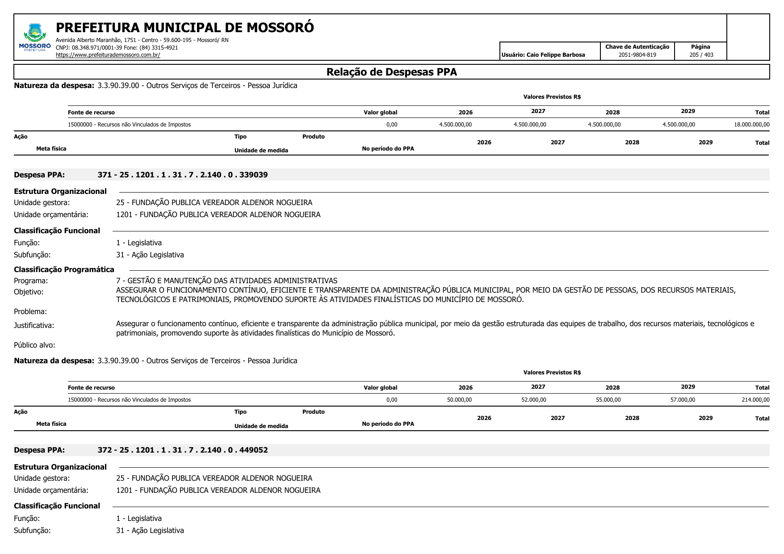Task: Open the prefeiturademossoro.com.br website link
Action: tap(108, 55)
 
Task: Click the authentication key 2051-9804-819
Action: tap(637, 55)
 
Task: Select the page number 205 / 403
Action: tap(701, 55)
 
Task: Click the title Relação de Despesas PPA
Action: tap(391, 72)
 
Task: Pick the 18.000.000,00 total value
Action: tap(751, 125)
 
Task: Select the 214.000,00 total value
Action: tap(755, 400)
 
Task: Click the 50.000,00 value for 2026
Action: tap(459, 400)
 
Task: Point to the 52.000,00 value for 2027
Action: tap(533, 400)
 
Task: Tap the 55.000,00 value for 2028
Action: tap(608, 400)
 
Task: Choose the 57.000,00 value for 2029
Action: tap(683, 400)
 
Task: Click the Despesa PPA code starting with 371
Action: tap(183, 175)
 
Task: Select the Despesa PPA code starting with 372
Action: tap(183, 450)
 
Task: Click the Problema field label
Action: tap(30, 311)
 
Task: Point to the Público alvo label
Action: tap(34, 345)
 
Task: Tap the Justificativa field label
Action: tap(34, 325)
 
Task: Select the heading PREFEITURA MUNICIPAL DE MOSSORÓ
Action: tap(184, 28)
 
